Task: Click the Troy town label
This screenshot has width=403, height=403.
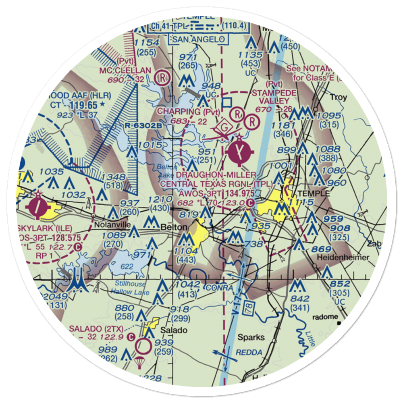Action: (339, 98)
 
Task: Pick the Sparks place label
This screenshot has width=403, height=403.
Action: (251, 337)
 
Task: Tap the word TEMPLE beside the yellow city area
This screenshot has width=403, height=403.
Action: (314, 194)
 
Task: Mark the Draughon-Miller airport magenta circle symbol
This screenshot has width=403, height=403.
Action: (241, 153)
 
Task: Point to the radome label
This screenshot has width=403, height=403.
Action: (326, 317)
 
